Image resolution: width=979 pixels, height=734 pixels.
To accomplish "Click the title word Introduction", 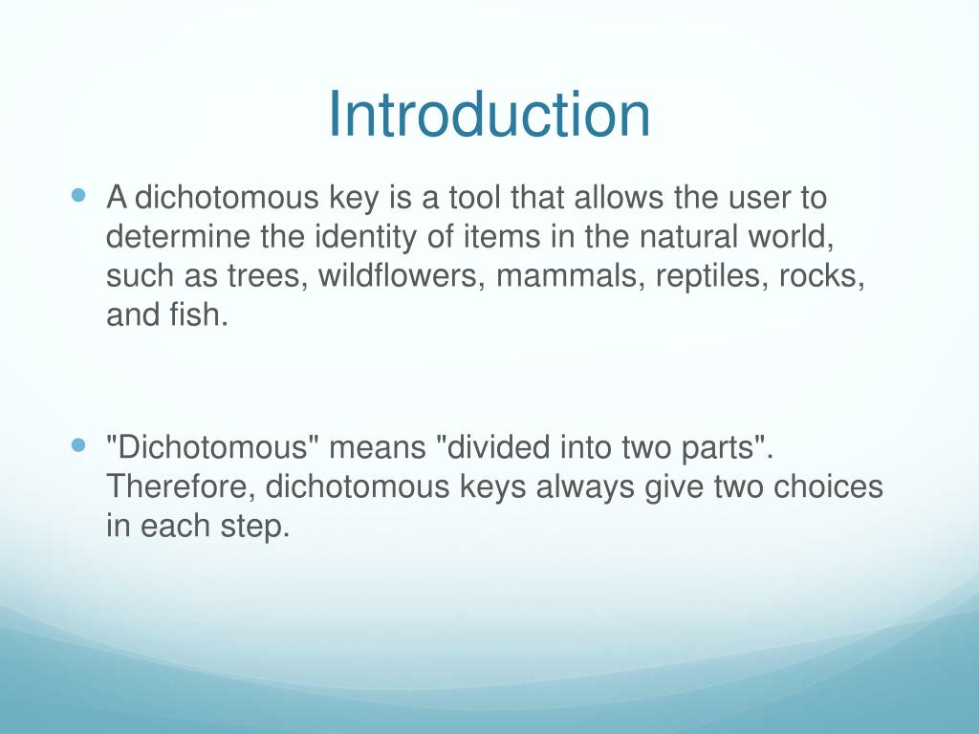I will coord(489,115).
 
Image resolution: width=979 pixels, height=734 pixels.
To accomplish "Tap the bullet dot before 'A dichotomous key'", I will coord(79,195).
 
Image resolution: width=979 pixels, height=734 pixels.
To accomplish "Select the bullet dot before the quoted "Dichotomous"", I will coord(79,444).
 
